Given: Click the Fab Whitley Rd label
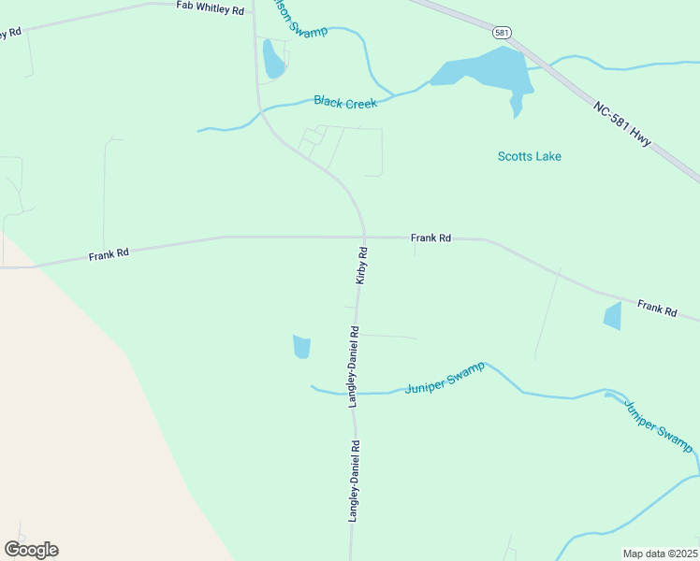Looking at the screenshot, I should coord(210,8).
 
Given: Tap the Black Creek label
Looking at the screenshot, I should coord(345,102).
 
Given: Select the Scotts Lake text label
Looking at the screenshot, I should coord(529,156).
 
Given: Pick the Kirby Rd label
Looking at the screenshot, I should coord(361,266).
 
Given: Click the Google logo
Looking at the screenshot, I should coord(31,550).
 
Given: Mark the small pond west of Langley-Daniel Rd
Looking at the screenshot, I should coord(300,347).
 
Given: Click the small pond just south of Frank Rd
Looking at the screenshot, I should coord(612,316).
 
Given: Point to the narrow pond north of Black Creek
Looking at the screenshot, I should coord(272,59).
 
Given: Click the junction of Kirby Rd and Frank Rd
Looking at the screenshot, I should coord(364,237).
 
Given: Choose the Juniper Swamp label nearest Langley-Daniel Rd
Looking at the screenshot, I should coord(445,378).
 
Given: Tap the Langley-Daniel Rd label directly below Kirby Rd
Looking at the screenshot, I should coord(354,365).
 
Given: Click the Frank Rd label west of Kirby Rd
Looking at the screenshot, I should coord(109,253).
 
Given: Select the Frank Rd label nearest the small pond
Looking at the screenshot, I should coord(656,308).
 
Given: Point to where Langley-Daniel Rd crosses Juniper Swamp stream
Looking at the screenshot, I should coord(354,394).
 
